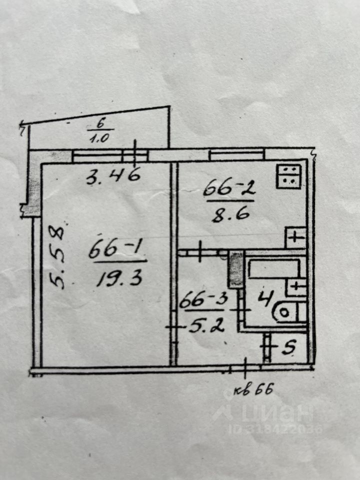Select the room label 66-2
(228, 189)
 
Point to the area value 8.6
(228, 214)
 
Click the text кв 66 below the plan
(254, 390)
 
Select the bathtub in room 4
(273, 269)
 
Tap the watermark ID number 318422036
(275, 429)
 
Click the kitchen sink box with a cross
(295, 236)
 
